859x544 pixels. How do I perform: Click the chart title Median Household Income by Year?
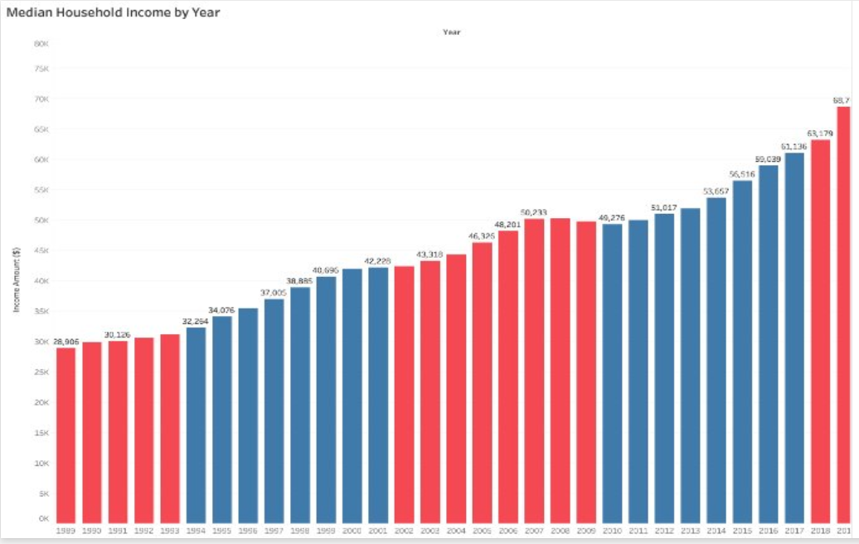coord(113,12)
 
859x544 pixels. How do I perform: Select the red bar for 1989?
coord(66,435)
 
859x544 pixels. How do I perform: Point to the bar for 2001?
coord(378,394)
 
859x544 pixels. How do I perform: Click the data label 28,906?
coord(66,342)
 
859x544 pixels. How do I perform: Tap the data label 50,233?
coord(534,212)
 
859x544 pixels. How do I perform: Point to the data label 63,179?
coord(820,133)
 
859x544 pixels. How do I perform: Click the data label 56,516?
coord(742,174)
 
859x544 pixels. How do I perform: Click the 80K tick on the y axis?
coord(41,43)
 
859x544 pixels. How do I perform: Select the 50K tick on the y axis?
coord(41,221)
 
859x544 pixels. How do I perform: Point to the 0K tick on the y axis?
coord(43,519)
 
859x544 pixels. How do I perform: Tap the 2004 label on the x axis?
coord(456,529)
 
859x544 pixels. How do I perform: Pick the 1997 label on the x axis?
coord(274,529)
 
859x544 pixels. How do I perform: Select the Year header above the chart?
coord(451,32)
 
